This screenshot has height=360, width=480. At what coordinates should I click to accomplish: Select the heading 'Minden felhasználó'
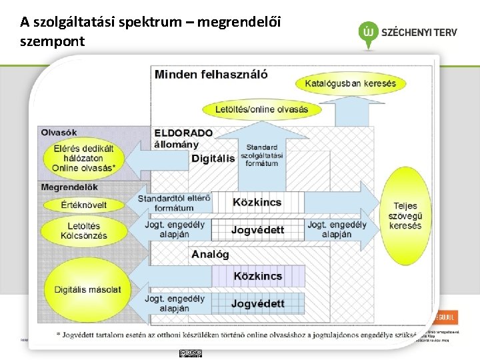click(x=211, y=74)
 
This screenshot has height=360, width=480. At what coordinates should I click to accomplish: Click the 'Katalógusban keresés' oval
click(x=350, y=83)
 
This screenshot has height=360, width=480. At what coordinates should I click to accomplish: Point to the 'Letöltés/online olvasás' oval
click(x=261, y=109)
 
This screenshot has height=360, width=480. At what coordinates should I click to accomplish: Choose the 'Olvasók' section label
click(x=59, y=132)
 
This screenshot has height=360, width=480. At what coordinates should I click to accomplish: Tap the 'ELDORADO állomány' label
click(x=183, y=139)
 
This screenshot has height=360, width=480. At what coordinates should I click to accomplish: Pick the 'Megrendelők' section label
click(x=69, y=187)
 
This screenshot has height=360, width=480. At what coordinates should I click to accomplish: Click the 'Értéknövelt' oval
click(x=83, y=204)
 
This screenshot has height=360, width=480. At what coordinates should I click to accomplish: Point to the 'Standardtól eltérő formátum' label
click(x=174, y=203)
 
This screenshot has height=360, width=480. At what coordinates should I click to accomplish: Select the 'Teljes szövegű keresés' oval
click(x=405, y=216)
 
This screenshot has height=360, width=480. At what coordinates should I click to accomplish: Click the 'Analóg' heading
click(x=210, y=254)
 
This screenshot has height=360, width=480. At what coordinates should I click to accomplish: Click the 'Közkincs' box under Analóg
click(x=258, y=276)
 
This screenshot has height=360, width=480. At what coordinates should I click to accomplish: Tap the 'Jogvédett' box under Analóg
click(x=258, y=303)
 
